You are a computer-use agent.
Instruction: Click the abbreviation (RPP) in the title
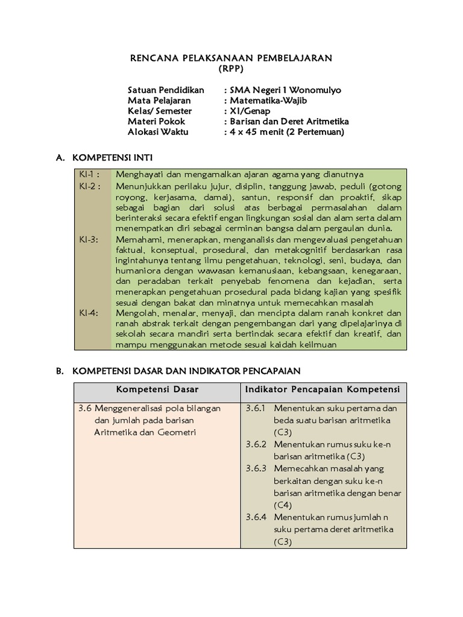coord(231,69)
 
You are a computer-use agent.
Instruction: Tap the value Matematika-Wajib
coord(272,101)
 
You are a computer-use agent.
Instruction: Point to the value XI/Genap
coord(250,111)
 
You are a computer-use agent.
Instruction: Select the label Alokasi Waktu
coord(158,131)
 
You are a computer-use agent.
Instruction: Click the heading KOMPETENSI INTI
coord(113,158)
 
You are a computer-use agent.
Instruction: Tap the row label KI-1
coord(89,175)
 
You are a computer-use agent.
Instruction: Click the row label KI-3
coord(88,239)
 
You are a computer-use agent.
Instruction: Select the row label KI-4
coord(88,313)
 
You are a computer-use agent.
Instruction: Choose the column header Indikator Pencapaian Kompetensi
coord(322,390)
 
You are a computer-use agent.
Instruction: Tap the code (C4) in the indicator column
coord(282,505)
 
